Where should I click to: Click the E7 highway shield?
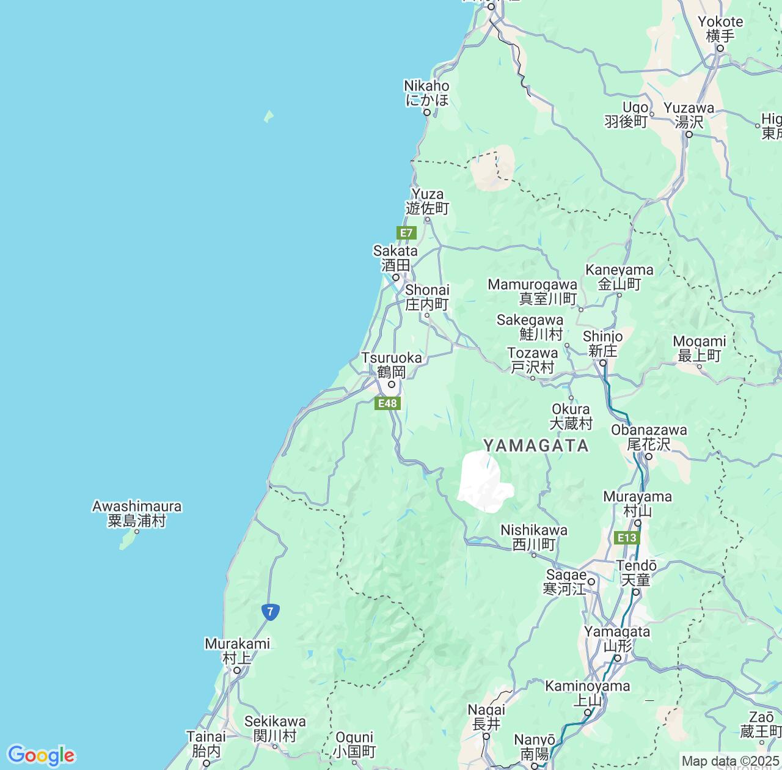(406, 233)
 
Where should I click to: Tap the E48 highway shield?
(387, 403)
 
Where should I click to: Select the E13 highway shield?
(627, 538)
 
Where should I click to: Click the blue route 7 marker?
(270, 610)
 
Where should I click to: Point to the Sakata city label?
(395, 258)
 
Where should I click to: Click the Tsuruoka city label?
(391, 365)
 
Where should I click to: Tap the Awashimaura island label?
(137, 513)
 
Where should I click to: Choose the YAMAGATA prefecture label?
(536, 446)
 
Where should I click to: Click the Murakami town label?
(237, 651)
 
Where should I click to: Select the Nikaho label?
(426, 93)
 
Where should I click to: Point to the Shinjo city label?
(602, 343)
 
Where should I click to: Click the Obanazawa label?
(649, 437)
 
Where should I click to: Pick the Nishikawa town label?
(533, 537)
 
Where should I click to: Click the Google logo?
(41, 755)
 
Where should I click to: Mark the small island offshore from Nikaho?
(268, 116)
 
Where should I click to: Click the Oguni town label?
(354, 744)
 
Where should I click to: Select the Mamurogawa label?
(532, 291)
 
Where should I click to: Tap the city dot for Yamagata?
(618, 658)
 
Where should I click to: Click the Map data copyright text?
(730, 761)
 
